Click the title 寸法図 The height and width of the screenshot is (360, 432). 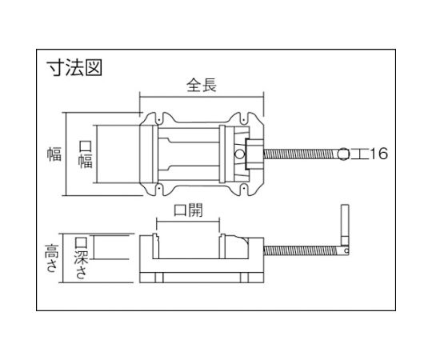(74, 68)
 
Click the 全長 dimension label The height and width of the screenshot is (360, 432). (202, 85)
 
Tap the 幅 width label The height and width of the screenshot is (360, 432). (54, 154)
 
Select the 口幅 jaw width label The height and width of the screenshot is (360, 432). (86, 154)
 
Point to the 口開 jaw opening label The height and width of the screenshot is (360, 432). (188, 210)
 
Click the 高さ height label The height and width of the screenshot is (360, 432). (52, 258)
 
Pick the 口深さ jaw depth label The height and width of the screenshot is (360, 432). (82, 258)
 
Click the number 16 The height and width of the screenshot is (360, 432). (378, 154)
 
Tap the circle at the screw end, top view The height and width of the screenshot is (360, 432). (343, 154)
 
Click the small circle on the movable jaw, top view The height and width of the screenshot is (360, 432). (239, 154)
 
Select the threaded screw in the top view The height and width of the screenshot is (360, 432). (301, 154)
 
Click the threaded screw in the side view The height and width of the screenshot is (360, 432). (301, 250)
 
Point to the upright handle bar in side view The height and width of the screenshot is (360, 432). (345, 225)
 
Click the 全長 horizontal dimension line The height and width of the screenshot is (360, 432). (202, 97)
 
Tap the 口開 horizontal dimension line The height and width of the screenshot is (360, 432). (188, 222)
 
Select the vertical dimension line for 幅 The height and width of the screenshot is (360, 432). (66, 154)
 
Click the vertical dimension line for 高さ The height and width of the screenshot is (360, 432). (63, 258)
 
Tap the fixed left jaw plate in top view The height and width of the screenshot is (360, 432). (155, 154)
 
